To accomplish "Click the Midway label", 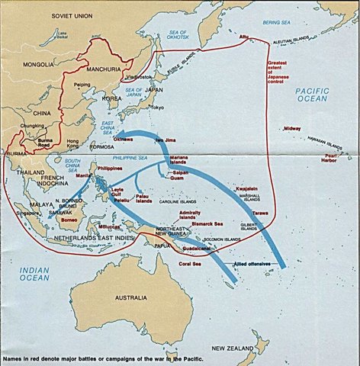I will click(x=293, y=129).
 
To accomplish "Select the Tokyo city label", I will click(x=156, y=107).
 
